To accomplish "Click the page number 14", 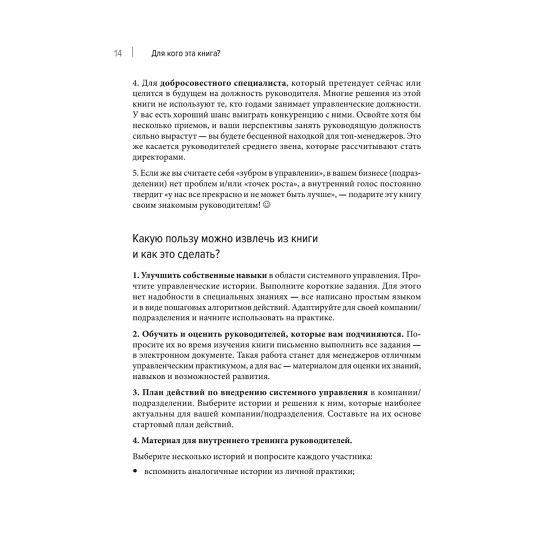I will [119, 53].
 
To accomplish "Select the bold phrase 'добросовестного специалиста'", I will [222, 83].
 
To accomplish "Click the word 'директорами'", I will [158, 158].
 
